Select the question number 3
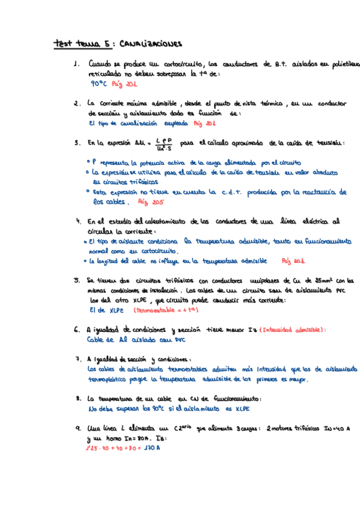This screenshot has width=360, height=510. [76, 144]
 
